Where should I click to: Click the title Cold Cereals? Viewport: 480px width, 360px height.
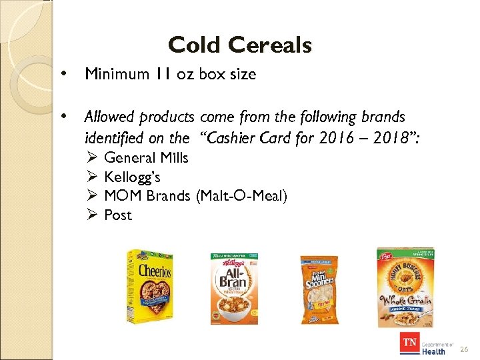pos(240,45)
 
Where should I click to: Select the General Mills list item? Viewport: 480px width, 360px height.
pos(146,158)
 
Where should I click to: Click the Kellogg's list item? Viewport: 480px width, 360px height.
pos(132,177)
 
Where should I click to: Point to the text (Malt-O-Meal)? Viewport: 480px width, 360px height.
pos(242,196)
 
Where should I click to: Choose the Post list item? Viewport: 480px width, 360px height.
pos(118,215)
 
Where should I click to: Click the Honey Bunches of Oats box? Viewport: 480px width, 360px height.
pos(405,285)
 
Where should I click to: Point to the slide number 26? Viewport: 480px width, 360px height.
pos(465,349)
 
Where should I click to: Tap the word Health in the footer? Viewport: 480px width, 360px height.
pos(433,351)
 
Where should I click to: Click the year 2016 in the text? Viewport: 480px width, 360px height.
pos(327,138)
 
